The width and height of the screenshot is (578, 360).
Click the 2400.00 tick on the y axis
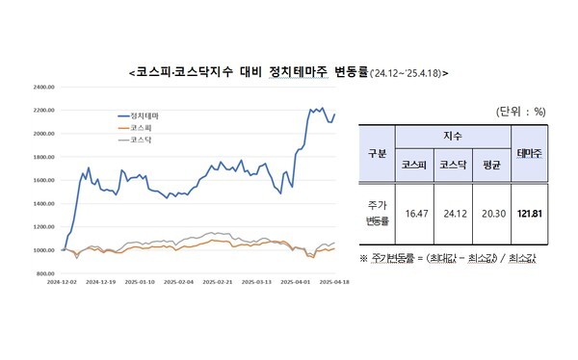[x=45, y=87]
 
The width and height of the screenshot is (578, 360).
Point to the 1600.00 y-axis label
[x=45, y=180]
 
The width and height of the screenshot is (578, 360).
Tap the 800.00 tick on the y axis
[x=46, y=273]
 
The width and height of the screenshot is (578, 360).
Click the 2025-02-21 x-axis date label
[x=218, y=283]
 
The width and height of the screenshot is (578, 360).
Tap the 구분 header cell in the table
[x=378, y=153]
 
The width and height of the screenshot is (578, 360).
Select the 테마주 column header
[x=528, y=153]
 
